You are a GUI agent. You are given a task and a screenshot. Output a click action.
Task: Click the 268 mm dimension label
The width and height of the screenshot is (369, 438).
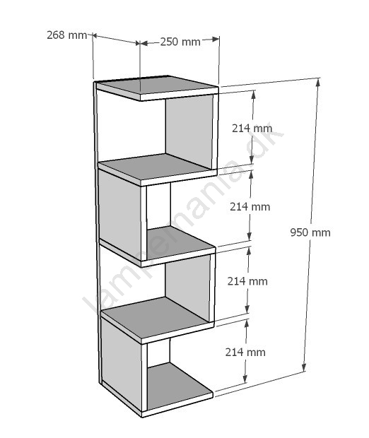(x=67, y=35)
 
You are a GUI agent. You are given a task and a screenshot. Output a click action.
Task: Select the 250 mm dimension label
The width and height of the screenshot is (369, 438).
(x=180, y=42)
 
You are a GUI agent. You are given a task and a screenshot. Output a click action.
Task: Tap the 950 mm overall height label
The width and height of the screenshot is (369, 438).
(x=310, y=232)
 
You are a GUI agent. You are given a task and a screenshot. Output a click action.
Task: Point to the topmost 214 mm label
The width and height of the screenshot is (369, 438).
(x=252, y=128)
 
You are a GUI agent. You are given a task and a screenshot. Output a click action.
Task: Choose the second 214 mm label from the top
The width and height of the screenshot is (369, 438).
(x=250, y=207)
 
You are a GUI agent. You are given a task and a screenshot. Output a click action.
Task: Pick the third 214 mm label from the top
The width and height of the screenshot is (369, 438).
(x=247, y=281)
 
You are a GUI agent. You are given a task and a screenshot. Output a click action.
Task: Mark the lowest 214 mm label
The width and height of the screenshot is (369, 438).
(x=245, y=353)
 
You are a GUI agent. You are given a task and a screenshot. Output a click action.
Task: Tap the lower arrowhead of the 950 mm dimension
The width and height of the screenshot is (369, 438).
(x=305, y=367)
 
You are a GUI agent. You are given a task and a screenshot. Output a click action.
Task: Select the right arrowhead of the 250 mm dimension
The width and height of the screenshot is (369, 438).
(x=215, y=40)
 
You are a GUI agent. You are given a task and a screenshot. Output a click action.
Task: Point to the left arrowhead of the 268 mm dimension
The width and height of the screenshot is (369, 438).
(x=95, y=35)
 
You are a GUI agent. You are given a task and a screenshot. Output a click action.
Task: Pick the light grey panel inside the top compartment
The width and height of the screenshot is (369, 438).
(x=189, y=131)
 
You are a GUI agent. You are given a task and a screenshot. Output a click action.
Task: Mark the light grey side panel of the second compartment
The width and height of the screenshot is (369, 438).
(x=119, y=210)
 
